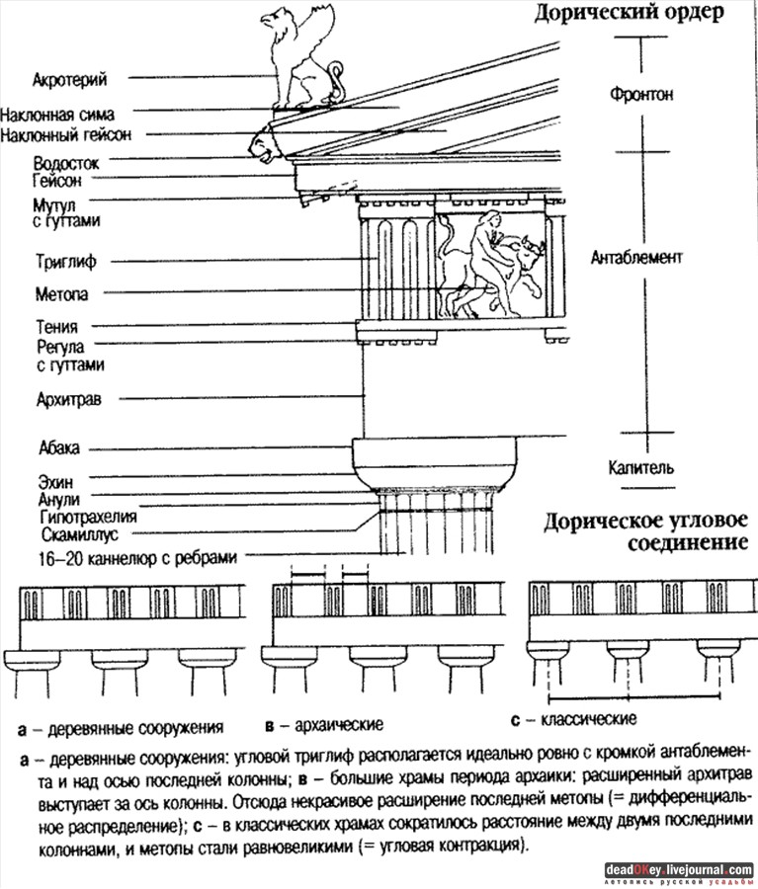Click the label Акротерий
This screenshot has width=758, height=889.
click(69, 78)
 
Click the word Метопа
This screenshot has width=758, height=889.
click(60, 294)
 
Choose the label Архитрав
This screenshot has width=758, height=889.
click(61, 399)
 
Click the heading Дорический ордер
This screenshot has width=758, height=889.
click(631, 14)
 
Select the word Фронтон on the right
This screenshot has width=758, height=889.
click(641, 96)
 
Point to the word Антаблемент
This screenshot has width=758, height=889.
click(636, 258)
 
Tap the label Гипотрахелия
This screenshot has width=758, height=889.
click(88, 517)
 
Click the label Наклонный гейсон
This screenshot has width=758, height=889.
click(67, 133)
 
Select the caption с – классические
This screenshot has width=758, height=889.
click(581, 718)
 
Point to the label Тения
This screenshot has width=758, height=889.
click(55, 327)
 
